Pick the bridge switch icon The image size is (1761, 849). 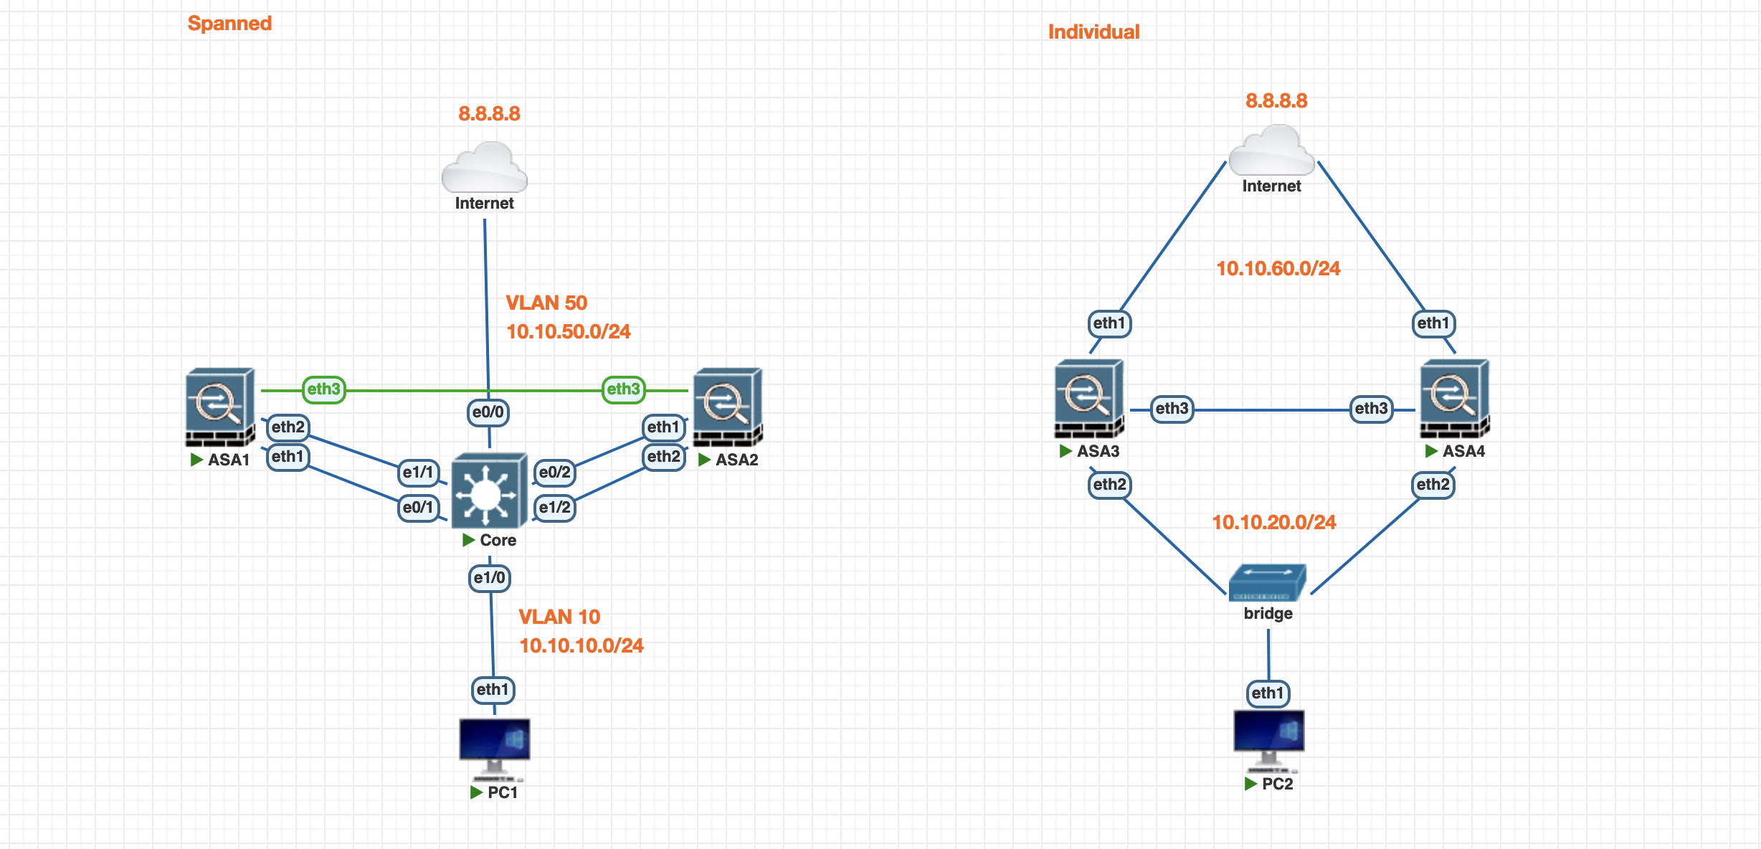[x=1267, y=582]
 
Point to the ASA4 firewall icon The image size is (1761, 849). [x=1454, y=398]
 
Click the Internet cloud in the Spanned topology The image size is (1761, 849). [x=485, y=168]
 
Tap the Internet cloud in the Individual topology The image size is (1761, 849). [x=1271, y=151]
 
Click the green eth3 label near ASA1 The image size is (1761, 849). [x=323, y=389]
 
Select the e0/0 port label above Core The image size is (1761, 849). [x=488, y=412]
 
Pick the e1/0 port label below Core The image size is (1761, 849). [x=490, y=578]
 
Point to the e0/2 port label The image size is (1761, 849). [x=555, y=473]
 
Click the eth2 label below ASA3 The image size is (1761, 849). [x=1109, y=485]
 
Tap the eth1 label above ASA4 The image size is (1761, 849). [x=1433, y=323]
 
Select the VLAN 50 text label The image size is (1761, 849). [x=546, y=303]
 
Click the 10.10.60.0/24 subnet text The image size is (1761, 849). [x=1278, y=268]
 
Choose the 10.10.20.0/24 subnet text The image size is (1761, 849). [x=1274, y=522]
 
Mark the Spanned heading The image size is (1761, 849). [x=229, y=23]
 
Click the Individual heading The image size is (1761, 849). [x=1093, y=32]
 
